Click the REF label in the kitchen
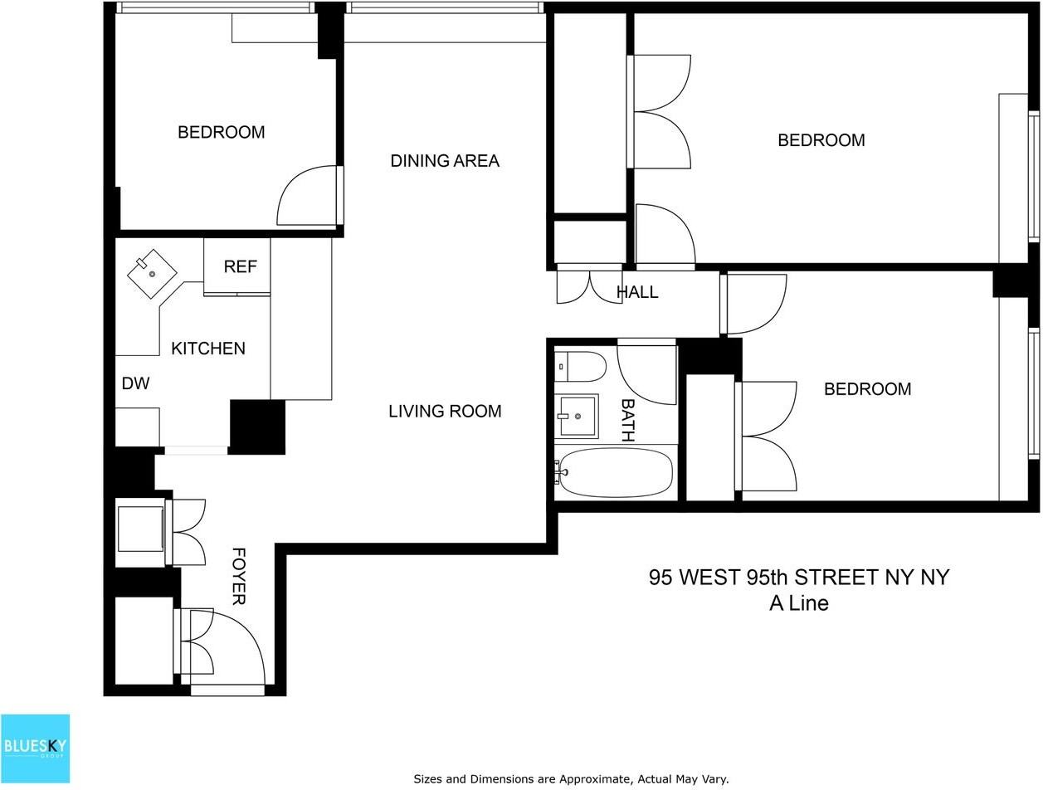(240, 266)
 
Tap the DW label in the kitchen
(135, 383)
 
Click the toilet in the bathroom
(582, 365)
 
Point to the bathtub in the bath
(615, 472)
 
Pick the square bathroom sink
(576, 416)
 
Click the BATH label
(627, 419)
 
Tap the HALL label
(637, 292)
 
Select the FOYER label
(238, 576)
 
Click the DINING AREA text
(445, 161)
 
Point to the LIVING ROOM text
(445, 411)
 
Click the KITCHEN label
(208, 349)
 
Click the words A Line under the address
(798, 603)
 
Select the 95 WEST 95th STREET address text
(798, 578)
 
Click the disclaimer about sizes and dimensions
(571, 778)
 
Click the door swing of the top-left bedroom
(308, 197)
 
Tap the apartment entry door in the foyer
(236, 647)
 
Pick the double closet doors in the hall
(588, 285)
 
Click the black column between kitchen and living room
(257, 427)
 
